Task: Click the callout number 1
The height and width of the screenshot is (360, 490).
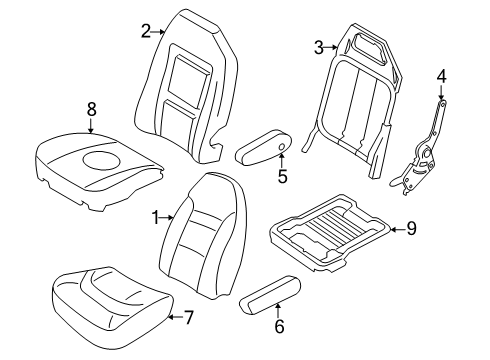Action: (x=156, y=218)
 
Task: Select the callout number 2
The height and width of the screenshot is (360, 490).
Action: (x=146, y=32)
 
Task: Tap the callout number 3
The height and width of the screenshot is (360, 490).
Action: (x=319, y=48)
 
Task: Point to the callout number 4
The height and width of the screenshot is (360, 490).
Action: (x=441, y=76)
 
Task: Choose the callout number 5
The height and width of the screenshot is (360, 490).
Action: (x=282, y=176)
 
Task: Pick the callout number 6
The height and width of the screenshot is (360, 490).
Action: (x=279, y=326)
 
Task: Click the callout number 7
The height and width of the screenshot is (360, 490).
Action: (x=189, y=317)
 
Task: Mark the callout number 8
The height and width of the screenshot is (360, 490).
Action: (x=91, y=109)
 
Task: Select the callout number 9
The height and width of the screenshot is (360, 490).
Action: (x=411, y=229)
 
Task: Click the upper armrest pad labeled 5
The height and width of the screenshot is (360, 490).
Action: (x=263, y=147)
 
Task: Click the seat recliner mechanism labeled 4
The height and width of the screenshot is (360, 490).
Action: (x=421, y=152)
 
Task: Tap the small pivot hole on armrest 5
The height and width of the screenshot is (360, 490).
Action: (x=281, y=147)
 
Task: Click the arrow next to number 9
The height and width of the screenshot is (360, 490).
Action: (x=398, y=229)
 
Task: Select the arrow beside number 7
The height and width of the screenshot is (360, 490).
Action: (x=175, y=317)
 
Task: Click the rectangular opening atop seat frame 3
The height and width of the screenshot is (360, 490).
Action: (x=370, y=49)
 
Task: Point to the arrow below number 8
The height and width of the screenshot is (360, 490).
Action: (x=91, y=126)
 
